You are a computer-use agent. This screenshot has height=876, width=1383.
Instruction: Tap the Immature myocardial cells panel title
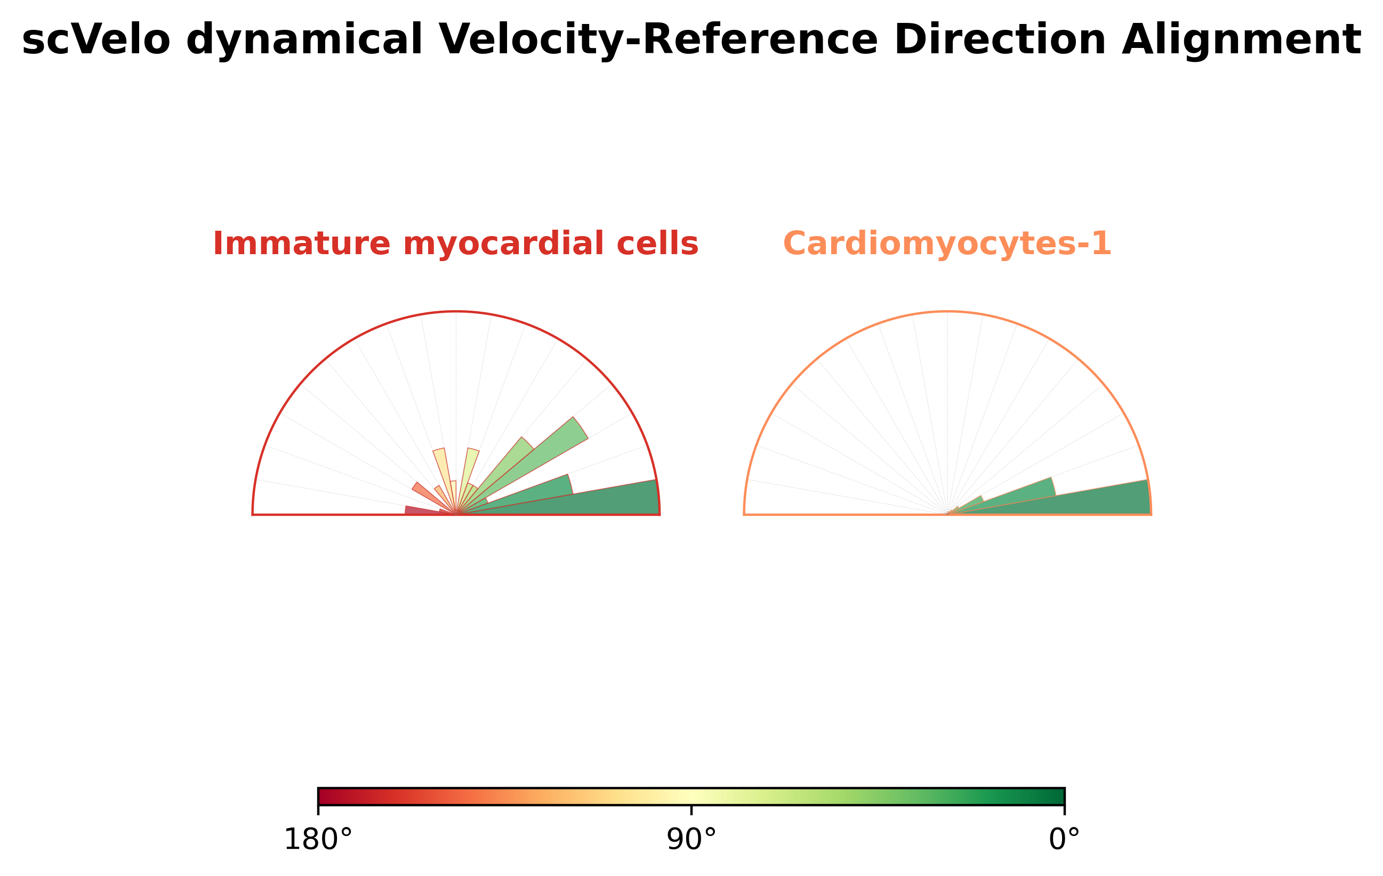tap(455, 244)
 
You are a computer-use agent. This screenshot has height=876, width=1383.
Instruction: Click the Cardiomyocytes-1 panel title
tap(947, 244)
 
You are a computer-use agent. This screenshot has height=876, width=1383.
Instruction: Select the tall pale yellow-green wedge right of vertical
tap(469, 468)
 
